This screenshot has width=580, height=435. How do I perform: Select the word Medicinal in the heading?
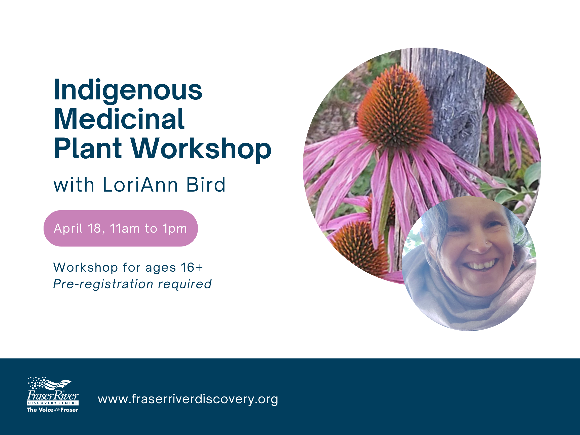click(119, 119)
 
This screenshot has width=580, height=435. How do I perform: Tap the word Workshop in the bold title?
click(201, 149)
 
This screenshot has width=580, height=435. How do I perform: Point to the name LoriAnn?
click(140, 185)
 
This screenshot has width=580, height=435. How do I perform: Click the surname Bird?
click(206, 185)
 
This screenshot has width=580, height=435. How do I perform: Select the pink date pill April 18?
click(121, 228)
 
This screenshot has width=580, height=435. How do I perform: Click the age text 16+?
click(192, 268)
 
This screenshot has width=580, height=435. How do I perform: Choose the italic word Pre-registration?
click(103, 284)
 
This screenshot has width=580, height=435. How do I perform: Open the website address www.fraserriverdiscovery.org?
click(188, 399)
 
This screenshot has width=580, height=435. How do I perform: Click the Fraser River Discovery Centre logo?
click(53, 395)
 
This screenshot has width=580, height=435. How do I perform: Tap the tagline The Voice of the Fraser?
click(53, 410)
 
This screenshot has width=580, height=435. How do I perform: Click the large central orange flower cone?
click(395, 108)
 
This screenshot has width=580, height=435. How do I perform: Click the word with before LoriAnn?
click(74, 185)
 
